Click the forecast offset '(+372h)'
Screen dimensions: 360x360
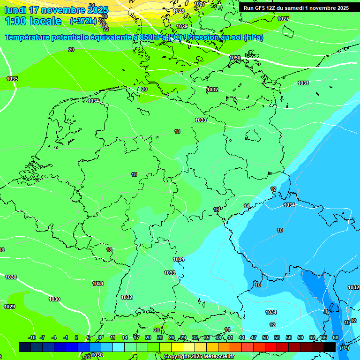click(x=83, y=21)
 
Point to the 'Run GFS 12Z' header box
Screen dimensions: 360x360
click(x=296, y=8)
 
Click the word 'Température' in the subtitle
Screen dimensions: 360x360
click(x=29, y=37)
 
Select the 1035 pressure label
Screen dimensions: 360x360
click(x=12, y=79)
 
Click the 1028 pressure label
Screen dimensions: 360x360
click(x=179, y=11)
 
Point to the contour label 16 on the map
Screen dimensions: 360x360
click(x=216, y=210)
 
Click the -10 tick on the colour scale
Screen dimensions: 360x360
click(x=32, y=337)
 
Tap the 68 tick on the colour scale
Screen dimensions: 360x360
click(x=336, y=337)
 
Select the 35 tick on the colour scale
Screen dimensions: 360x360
click(x=207, y=337)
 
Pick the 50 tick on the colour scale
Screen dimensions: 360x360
click(x=265, y=337)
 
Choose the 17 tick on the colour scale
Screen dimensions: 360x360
click(x=136, y=337)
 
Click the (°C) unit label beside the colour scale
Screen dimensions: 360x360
click(x=344, y=347)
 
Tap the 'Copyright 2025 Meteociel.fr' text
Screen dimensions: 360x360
click(x=199, y=356)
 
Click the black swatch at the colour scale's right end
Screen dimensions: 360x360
click(x=330, y=347)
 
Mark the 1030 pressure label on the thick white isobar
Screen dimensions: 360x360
click(x=235, y=58)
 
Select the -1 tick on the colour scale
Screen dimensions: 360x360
click(x=66, y=337)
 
